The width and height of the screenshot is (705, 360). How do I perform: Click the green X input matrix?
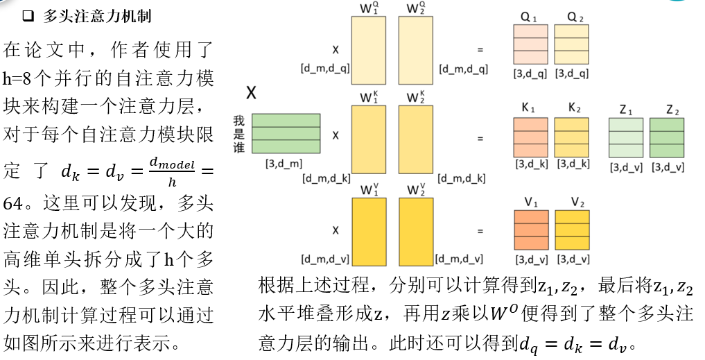(286, 132)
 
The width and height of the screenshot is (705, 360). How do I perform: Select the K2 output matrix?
(571, 137)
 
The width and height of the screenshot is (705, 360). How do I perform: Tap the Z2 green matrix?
(667, 137)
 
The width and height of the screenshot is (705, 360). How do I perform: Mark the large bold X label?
(252, 92)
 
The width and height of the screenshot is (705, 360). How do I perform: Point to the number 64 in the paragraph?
(15, 205)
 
